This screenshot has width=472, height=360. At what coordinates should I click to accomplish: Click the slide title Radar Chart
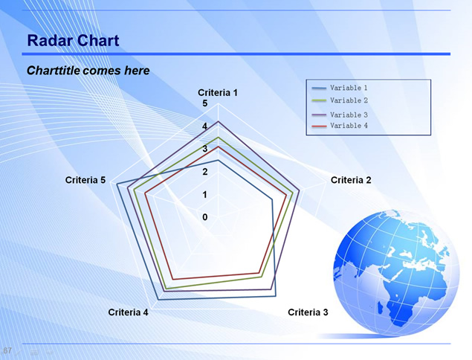73,40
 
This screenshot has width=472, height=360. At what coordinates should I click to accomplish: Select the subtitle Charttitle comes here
88,71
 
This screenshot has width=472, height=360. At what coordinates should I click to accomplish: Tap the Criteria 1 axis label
218,92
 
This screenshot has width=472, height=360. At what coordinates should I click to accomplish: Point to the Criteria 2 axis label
351,180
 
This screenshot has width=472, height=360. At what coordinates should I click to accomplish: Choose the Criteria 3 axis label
308,312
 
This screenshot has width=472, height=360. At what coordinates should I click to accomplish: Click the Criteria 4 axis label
129,312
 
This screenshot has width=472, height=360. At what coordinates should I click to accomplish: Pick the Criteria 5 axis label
85,180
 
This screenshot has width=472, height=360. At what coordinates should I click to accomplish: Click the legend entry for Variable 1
340,88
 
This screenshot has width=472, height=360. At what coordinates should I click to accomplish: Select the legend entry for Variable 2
340,100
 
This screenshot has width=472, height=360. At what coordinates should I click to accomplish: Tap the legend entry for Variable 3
340,115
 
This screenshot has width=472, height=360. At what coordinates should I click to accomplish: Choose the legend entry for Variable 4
340,126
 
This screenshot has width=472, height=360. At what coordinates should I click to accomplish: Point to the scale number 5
205,103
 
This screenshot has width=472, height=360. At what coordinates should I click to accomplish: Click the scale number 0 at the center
205,217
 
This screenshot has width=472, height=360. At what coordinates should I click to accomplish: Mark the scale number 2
205,172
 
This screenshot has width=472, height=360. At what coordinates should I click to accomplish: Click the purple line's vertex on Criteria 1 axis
219,121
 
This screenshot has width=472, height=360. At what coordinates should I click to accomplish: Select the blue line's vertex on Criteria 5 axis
117,184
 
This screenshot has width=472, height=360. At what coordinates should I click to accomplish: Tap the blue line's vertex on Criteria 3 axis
276,297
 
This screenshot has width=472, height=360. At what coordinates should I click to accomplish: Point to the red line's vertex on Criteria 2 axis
287,195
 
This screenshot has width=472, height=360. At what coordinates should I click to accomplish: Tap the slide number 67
7,350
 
